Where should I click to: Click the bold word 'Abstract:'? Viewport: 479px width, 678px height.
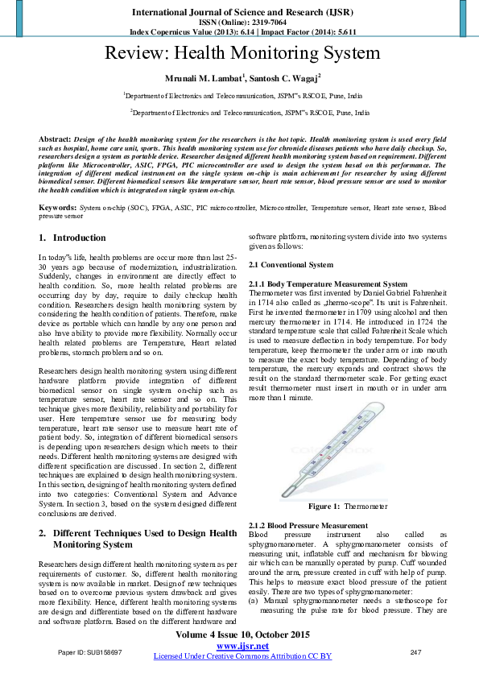pos(55,139)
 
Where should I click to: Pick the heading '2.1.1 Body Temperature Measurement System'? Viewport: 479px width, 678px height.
pos(328,284)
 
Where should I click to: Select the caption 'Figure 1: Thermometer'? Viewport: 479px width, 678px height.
pos(337,506)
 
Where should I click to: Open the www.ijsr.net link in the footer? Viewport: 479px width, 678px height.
pos(242,646)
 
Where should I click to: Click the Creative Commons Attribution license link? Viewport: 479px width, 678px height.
pos(242,656)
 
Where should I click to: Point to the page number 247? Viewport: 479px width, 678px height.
pos(415,651)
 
